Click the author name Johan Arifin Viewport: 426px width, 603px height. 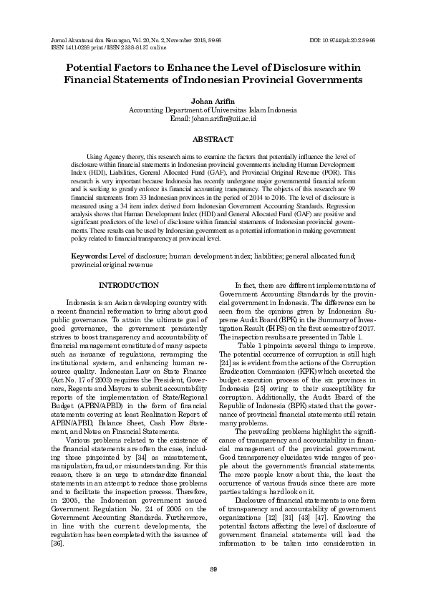click(213, 102)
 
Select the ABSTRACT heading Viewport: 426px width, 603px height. click(213, 138)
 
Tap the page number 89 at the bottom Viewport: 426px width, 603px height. click(213, 569)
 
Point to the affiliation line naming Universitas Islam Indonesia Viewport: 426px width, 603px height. click(213, 111)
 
